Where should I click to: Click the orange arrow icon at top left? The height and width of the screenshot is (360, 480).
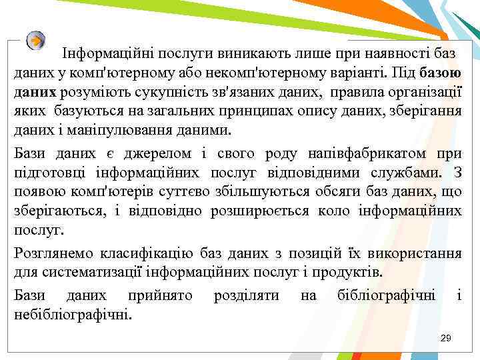pyautogui.click(x=36, y=40)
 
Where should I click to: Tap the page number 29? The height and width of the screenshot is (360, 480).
pyautogui.click(x=446, y=339)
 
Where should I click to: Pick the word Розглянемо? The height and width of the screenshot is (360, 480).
pyautogui.click(x=54, y=254)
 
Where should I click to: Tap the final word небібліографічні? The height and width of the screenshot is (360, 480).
pyautogui.click(x=73, y=314)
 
